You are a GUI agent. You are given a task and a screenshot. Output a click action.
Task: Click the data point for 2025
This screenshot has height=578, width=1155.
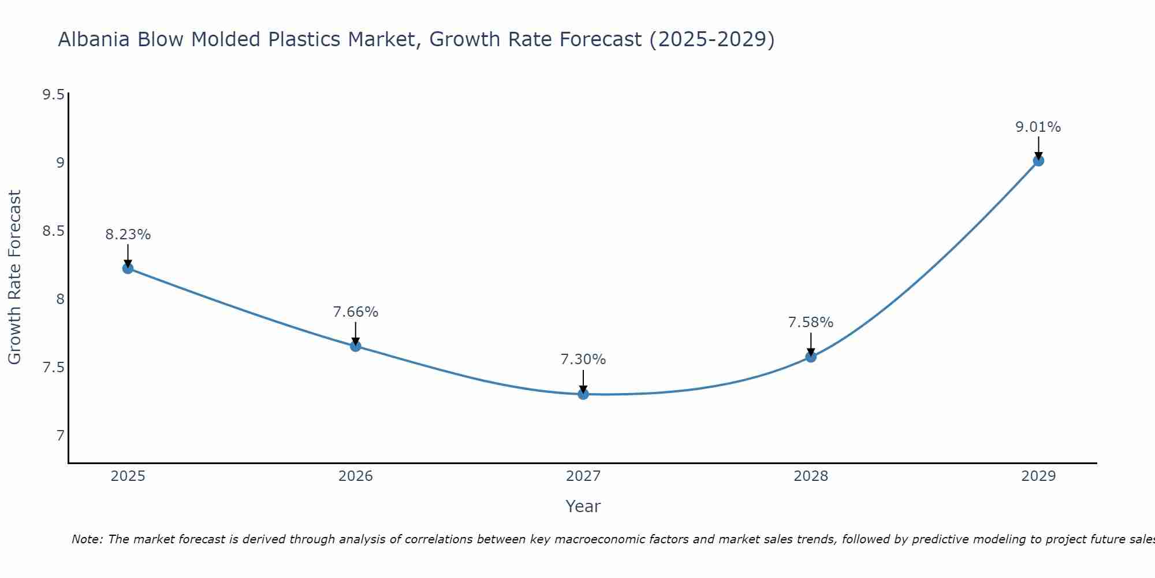tap(128, 268)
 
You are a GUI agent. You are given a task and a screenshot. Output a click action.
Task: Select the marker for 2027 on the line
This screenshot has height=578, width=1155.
tap(583, 394)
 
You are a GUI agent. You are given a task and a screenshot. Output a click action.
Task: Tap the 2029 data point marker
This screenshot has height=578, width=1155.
tap(1038, 161)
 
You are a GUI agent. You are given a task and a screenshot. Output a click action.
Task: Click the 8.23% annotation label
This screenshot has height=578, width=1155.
tap(128, 235)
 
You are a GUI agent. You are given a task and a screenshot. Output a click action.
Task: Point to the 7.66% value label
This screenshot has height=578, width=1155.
tap(355, 312)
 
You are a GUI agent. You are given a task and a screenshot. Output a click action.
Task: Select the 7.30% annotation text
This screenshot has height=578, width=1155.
tap(583, 360)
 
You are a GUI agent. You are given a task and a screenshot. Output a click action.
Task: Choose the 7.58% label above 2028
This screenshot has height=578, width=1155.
tap(811, 323)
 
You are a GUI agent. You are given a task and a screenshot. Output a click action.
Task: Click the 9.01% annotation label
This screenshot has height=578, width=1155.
tap(1038, 127)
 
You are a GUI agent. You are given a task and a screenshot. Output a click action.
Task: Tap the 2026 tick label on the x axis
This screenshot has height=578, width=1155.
tap(355, 476)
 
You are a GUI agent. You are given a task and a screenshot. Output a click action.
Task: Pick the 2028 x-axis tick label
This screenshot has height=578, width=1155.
tap(811, 476)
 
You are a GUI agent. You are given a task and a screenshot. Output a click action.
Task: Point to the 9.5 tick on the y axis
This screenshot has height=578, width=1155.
tap(53, 95)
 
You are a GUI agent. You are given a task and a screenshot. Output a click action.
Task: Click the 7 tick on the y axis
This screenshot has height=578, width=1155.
tap(60, 435)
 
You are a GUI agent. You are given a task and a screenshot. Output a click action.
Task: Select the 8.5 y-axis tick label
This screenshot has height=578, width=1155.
tap(53, 231)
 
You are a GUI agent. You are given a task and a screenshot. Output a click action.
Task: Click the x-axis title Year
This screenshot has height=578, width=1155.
tap(583, 506)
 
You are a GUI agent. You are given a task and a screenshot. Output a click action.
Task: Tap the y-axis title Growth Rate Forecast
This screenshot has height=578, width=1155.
tap(14, 277)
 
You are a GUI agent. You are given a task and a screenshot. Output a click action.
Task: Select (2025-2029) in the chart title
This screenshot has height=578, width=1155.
tap(711, 39)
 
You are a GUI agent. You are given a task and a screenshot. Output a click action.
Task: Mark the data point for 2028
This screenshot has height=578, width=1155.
tap(811, 357)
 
